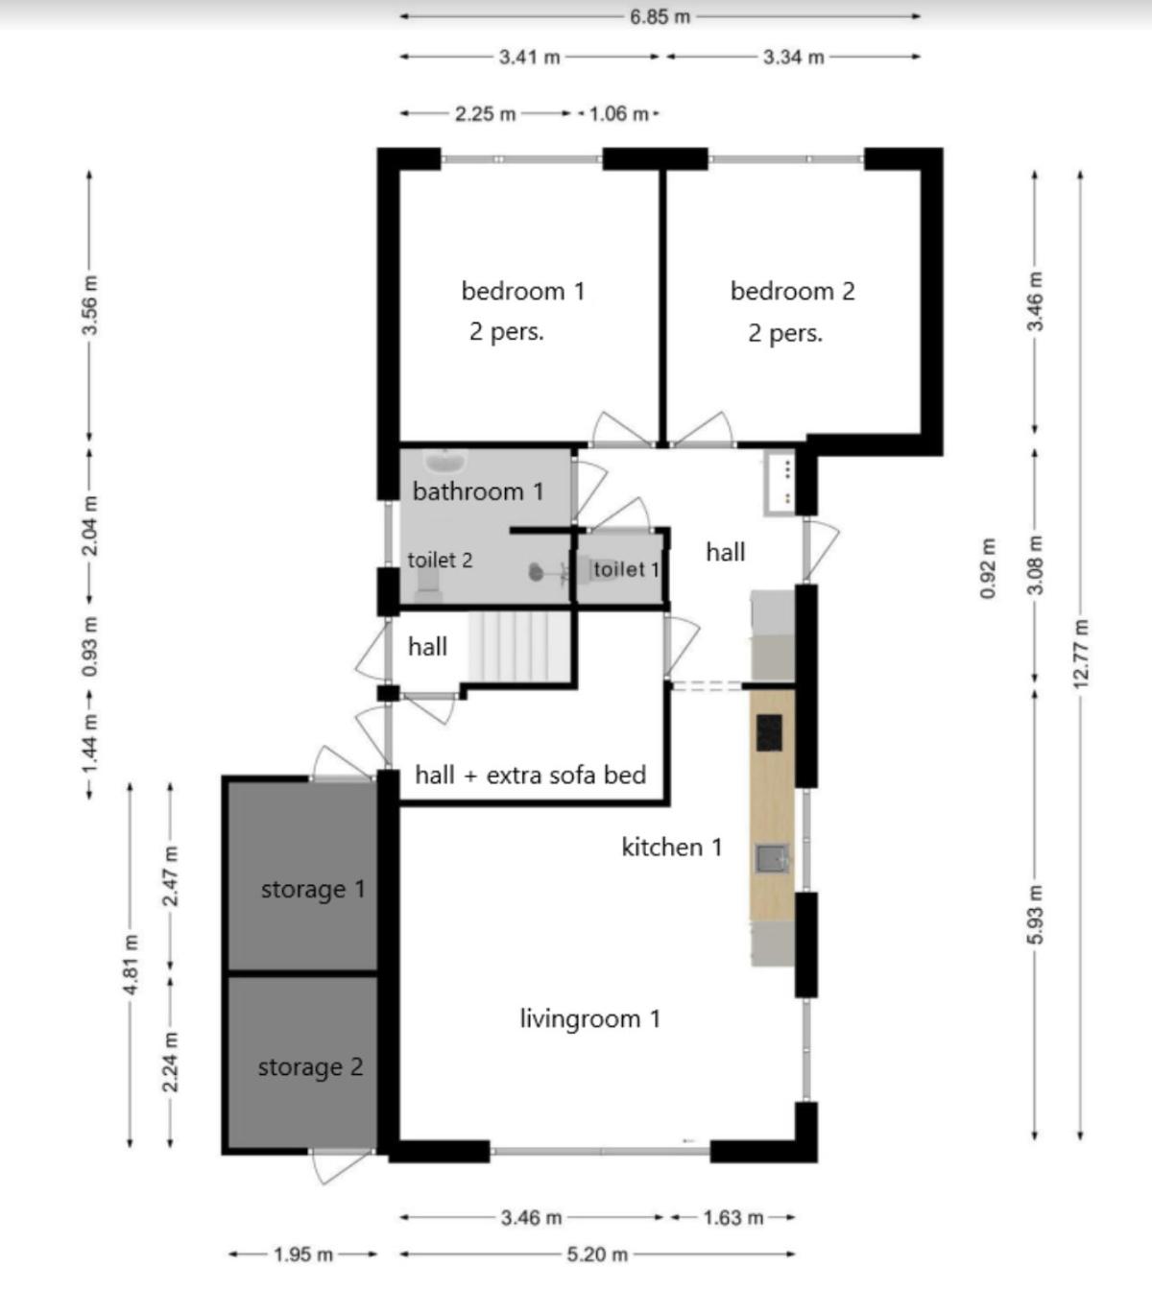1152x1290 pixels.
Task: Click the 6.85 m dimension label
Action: click(x=660, y=16)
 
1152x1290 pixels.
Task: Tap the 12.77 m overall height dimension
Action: click(x=1081, y=653)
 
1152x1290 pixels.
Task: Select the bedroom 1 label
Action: click(x=523, y=291)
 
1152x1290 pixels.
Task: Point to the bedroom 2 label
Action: click(x=792, y=291)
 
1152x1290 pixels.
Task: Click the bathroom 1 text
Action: click(x=478, y=491)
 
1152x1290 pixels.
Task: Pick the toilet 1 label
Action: click(x=626, y=568)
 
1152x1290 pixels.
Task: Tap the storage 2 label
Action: click(x=311, y=1067)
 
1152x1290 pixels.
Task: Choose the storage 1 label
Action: click(x=313, y=890)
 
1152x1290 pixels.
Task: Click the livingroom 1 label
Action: click(x=590, y=1018)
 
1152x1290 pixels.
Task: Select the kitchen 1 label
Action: click(x=672, y=847)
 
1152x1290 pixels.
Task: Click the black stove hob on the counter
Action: click(x=769, y=733)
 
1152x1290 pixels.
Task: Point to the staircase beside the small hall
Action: click(x=519, y=646)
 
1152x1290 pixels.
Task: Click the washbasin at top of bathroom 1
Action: click(x=445, y=462)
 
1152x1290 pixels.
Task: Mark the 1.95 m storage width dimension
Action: click(x=303, y=1254)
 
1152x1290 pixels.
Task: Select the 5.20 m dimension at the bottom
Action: click(x=597, y=1254)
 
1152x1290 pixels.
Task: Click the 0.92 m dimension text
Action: click(x=988, y=568)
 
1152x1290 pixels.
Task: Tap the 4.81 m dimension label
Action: click(x=130, y=964)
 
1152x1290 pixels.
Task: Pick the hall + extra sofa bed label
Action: click(x=531, y=775)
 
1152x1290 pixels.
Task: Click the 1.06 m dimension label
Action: click(x=618, y=114)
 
